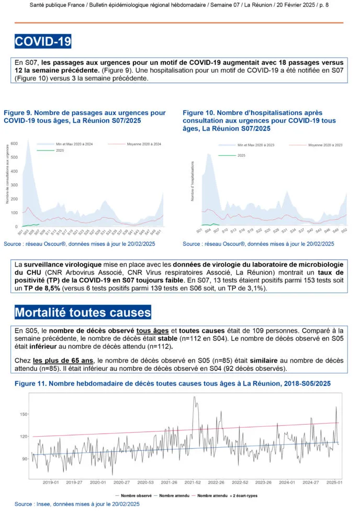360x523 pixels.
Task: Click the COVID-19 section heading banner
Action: (x=43, y=41)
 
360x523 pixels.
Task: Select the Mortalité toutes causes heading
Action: (x=83, y=313)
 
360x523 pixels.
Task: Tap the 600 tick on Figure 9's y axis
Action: (x=15, y=143)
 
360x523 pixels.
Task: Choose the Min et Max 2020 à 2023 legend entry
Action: (x=256, y=144)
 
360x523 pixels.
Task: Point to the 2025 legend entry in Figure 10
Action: (x=241, y=155)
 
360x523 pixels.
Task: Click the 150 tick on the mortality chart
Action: (x=23, y=414)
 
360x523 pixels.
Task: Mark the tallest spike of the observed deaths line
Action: (x=195, y=397)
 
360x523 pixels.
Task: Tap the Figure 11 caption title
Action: (x=172, y=384)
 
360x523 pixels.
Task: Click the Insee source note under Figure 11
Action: (x=77, y=504)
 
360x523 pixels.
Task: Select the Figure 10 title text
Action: (x=259, y=120)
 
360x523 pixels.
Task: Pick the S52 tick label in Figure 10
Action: (x=344, y=230)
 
